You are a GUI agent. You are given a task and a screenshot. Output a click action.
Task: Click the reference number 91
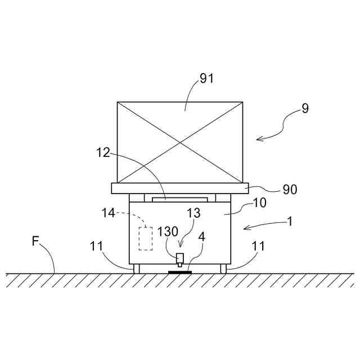207,79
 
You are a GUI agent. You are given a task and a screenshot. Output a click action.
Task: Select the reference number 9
305,109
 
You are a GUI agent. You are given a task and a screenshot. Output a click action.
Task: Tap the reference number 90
290,190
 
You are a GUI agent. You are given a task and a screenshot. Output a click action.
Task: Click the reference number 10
260,202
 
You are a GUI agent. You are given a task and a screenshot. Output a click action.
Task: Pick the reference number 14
109,213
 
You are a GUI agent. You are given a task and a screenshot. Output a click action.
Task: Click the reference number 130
167,232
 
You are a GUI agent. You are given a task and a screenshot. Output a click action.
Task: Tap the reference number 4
202,236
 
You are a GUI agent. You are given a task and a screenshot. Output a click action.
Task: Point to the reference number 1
290,221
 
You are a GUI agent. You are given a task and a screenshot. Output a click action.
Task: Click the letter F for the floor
35,241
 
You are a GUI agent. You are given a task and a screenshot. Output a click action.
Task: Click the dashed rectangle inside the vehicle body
146,238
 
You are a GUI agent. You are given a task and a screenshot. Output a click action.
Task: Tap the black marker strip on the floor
181,272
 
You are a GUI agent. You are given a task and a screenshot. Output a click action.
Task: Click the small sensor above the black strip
180,259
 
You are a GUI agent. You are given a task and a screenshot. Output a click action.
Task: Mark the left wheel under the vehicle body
136,268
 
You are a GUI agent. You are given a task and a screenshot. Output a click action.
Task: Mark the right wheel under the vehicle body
223,268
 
